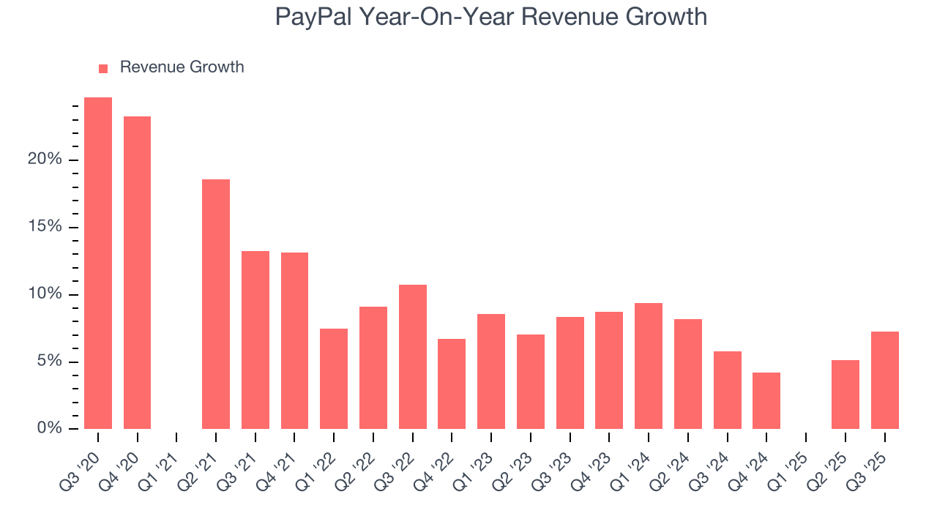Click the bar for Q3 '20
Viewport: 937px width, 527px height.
point(98,263)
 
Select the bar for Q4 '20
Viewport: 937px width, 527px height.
point(137,272)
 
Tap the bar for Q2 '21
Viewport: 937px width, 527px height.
point(216,304)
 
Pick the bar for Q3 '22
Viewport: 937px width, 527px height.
point(413,356)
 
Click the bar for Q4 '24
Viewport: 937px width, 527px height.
point(766,400)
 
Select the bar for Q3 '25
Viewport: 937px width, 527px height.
point(884,380)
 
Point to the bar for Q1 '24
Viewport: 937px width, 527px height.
point(649,366)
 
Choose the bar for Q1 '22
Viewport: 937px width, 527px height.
point(334,378)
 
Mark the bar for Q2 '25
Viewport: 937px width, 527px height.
point(845,395)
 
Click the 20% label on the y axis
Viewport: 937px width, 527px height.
point(45,160)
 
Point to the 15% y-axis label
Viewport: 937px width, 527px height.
point(45,227)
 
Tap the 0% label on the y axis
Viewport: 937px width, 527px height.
point(49,429)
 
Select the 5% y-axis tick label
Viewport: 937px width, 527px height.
point(49,362)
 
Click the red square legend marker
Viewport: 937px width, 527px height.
point(103,68)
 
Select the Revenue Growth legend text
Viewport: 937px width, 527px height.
point(182,67)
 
